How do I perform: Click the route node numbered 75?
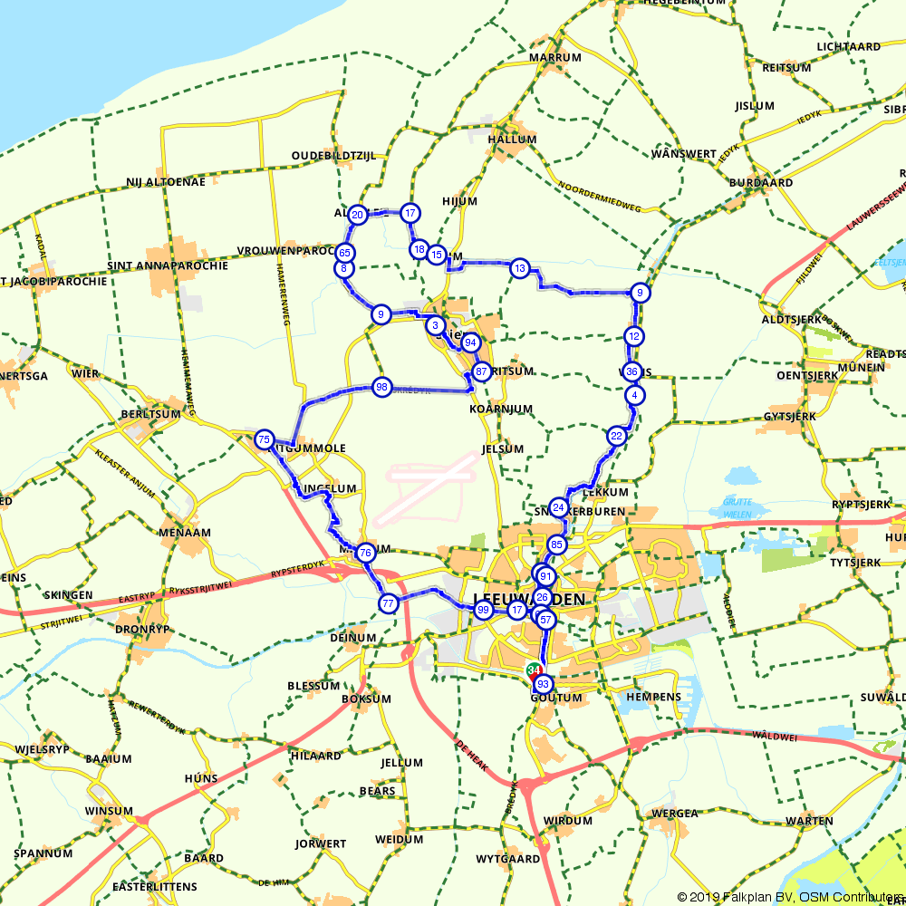pyautogui.click(x=264, y=439)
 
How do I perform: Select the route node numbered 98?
pyautogui.click(x=381, y=387)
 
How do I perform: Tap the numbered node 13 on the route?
pyautogui.click(x=519, y=268)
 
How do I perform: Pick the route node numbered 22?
pyautogui.click(x=617, y=436)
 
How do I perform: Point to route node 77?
pyautogui.click(x=388, y=603)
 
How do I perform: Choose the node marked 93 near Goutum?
pyautogui.click(x=543, y=684)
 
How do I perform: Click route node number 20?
pyautogui.click(x=357, y=215)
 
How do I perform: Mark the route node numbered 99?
pyautogui.click(x=483, y=611)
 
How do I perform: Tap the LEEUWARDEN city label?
pyautogui.click(x=529, y=601)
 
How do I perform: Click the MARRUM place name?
pyautogui.click(x=554, y=58)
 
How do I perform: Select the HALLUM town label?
pyautogui.click(x=512, y=140)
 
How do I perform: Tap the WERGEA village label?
pyautogui.click(x=675, y=814)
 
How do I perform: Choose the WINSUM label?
pyautogui.click(x=109, y=811)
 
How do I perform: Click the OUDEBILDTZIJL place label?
pyautogui.click(x=333, y=156)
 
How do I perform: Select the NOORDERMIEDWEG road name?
pyautogui.click(x=600, y=196)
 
